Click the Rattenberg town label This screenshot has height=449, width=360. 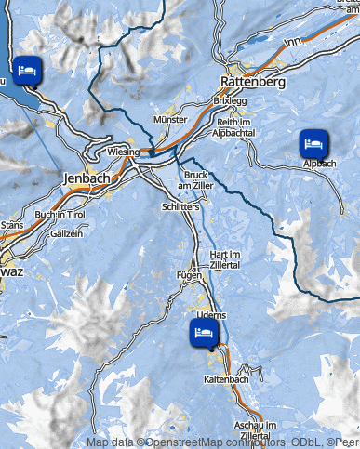(253, 82)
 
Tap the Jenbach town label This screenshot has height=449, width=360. (87, 177)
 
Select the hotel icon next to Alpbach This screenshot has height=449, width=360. (312, 143)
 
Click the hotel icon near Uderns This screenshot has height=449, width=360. (202, 331)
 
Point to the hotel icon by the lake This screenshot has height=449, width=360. (26, 68)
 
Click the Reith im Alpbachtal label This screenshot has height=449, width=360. (235, 128)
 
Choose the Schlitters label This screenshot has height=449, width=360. (180, 206)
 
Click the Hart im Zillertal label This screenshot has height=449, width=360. (225, 259)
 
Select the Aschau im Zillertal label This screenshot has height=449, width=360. (257, 430)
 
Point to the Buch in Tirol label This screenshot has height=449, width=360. (60, 215)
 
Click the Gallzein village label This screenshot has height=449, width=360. (66, 234)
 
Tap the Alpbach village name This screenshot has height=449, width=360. (319, 164)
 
